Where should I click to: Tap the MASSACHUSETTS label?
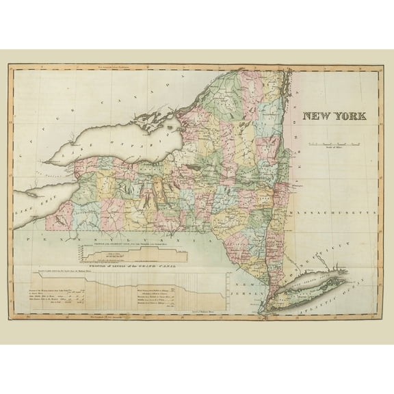334,213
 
